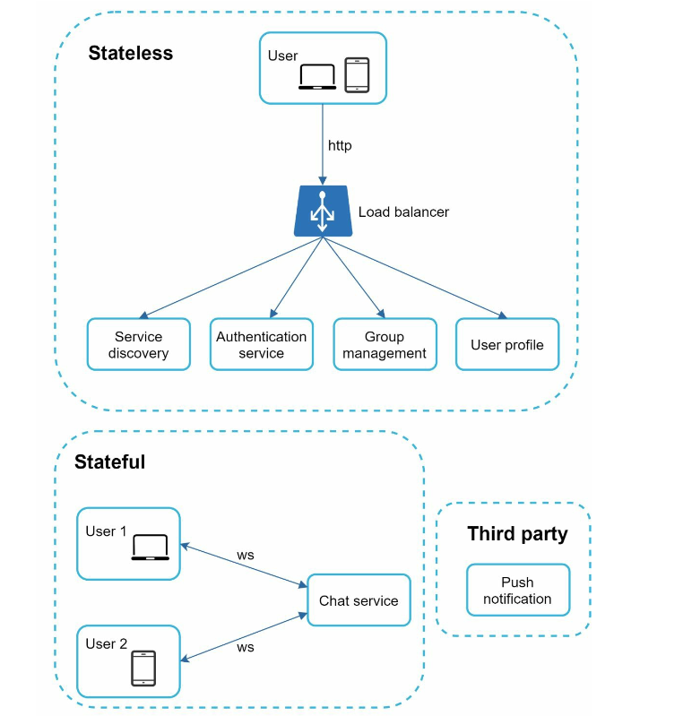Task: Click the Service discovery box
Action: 138,344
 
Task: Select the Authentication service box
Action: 262,344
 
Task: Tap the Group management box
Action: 385,344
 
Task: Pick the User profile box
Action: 507,344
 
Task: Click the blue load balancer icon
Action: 323,211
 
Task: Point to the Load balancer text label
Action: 403,211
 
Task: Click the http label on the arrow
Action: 340,146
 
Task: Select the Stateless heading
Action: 131,53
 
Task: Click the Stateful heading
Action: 109,462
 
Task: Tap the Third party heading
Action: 517,534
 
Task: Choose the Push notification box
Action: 518,590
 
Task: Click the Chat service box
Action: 359,600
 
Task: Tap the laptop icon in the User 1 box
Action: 151,547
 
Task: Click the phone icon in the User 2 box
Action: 143,668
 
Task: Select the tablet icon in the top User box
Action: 357,75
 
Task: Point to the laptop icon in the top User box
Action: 317,77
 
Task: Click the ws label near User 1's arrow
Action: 246,556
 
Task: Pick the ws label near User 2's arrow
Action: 246,648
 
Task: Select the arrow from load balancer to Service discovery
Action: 230,278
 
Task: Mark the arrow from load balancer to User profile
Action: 415,278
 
